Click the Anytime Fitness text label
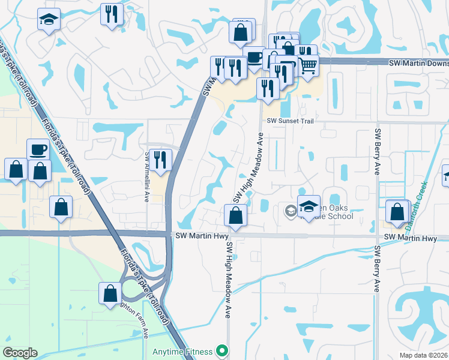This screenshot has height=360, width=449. tap(182, 351)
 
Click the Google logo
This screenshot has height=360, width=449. tap(20, 353)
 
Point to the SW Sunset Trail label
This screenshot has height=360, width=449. tap(291, 121)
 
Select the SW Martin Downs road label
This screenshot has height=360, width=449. tap(418, 62)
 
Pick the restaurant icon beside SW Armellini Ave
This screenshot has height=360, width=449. tap(160, 159)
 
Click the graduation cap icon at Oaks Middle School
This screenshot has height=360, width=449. tap(309, 206)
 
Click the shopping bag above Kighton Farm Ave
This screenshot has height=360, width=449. tap(110, 293)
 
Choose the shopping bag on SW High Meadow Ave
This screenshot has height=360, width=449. tap(236, 215)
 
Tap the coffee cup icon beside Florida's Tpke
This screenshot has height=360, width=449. tap(38, 149)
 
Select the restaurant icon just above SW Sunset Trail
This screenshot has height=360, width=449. tap(268, 88)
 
